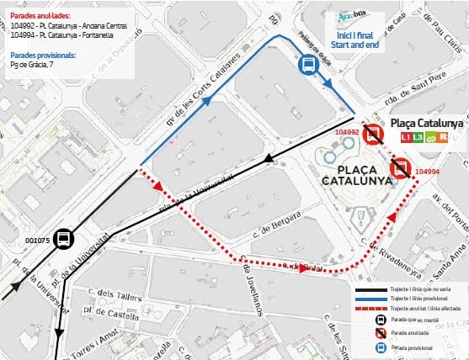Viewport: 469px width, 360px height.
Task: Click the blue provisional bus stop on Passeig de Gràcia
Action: (307, 65)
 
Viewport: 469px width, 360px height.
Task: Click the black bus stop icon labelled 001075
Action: (65, 216)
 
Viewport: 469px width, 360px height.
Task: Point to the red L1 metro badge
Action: (408, 137)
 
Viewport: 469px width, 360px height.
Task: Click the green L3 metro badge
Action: (421, 137)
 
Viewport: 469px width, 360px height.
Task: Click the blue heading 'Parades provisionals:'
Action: (43, 55)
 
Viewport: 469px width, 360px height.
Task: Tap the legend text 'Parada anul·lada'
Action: (411, 332)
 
